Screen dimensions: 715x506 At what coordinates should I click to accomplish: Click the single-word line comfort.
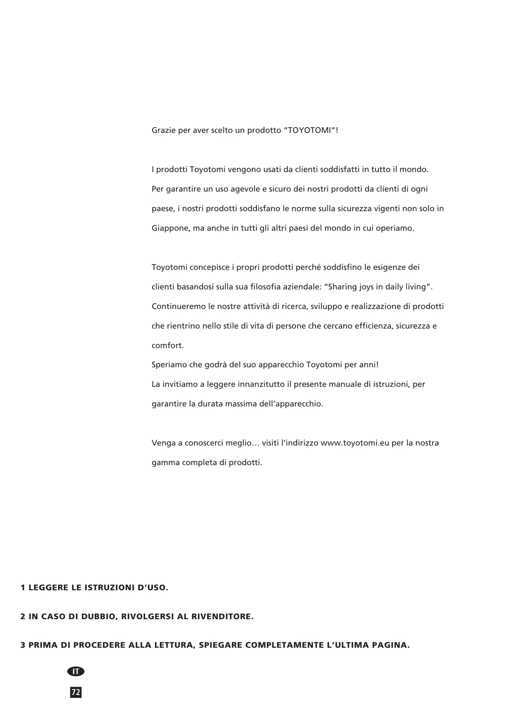[168, 346]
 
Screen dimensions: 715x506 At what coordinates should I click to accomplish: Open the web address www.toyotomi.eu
[355, 443]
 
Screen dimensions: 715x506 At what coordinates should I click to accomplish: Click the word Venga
[162, 443]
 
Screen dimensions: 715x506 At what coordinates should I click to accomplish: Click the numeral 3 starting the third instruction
[23, 645]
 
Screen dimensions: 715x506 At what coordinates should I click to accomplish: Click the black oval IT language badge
[76, 671]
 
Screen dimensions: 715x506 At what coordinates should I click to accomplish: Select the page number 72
[76, 692]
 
